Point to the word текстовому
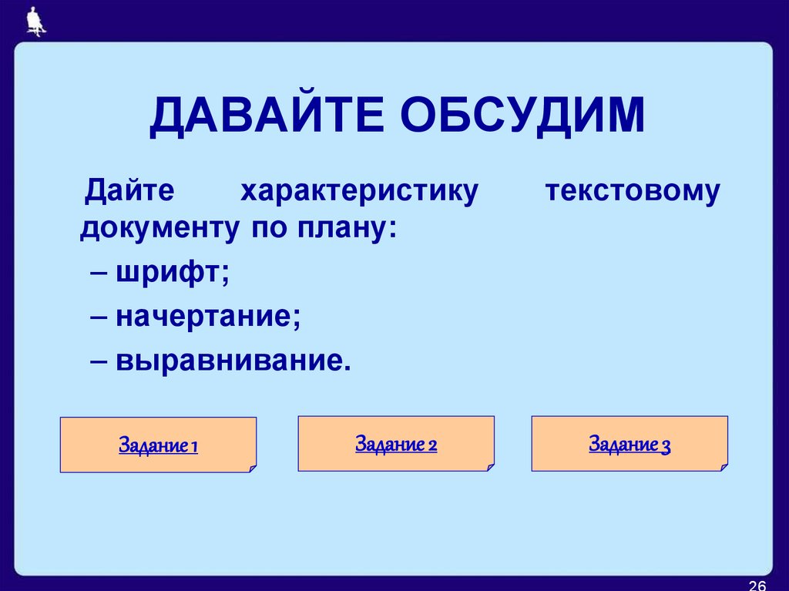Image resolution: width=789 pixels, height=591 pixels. (633, 190)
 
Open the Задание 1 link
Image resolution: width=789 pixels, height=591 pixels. (158, 446)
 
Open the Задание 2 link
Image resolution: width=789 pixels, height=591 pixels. (396, 445)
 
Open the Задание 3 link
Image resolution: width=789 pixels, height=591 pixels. (630, 445)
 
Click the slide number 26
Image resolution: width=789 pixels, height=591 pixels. (757, 584)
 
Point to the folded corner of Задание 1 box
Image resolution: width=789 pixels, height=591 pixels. (251, 468)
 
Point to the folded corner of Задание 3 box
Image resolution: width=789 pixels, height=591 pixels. (723, 466)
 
